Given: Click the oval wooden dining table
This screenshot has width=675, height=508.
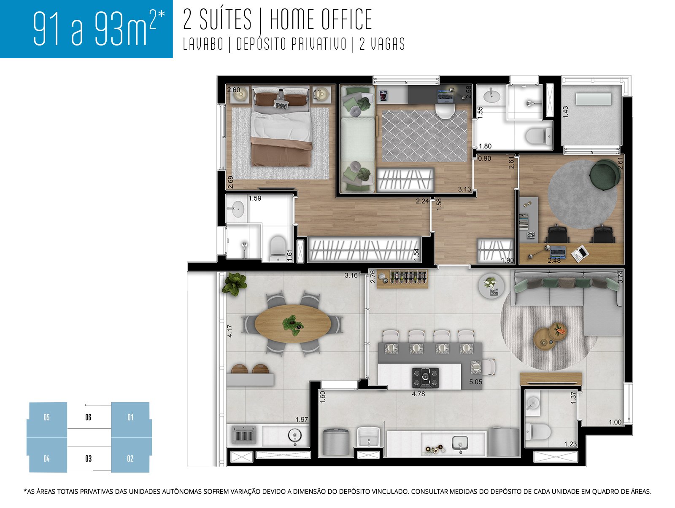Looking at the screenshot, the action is click(293, 324).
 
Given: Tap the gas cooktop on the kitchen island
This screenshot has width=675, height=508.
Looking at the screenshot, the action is click(425, 377).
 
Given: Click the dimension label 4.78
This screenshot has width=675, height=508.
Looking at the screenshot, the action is click(418, 394).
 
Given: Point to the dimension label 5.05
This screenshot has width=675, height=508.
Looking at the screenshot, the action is click(475, 382).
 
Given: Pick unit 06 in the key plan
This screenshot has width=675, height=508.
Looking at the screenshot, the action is click(88, 417).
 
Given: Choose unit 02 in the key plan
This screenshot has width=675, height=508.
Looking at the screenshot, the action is click(130, 459).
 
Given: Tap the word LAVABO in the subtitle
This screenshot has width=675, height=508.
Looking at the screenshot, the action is click(203, 44).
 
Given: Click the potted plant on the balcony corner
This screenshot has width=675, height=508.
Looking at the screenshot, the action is click(234, 284).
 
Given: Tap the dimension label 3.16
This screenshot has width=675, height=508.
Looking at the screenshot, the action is click(351, 275).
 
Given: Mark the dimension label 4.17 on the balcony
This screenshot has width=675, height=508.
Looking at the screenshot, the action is click(230, 331).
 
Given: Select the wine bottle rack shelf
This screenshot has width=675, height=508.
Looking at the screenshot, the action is click(402, 279).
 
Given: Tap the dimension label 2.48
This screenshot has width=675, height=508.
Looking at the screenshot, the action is click(554, 261).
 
